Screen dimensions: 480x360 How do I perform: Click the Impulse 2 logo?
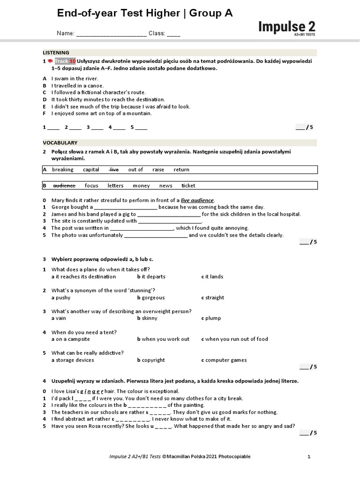pos(287,27)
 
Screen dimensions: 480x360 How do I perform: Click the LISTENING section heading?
pos(56,52)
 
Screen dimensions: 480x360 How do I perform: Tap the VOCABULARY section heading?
pos(60,142)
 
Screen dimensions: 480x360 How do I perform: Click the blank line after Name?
pos(111,34)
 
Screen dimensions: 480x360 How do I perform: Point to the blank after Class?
pos(173,34)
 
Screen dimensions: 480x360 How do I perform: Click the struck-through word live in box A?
pos(114,170)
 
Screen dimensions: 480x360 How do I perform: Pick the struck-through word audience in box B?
pos(64,186)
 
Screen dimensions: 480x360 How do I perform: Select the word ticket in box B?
pos(188,186)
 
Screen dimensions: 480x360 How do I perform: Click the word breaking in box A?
pos(62,170)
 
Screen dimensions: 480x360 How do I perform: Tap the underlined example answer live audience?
pos(197,200)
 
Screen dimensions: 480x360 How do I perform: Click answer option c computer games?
pos(224,360)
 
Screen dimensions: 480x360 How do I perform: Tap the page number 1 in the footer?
pos(309,456)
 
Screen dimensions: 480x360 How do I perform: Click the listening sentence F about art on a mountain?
pos(101,113)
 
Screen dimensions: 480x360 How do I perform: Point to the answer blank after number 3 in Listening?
pos(97,127)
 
